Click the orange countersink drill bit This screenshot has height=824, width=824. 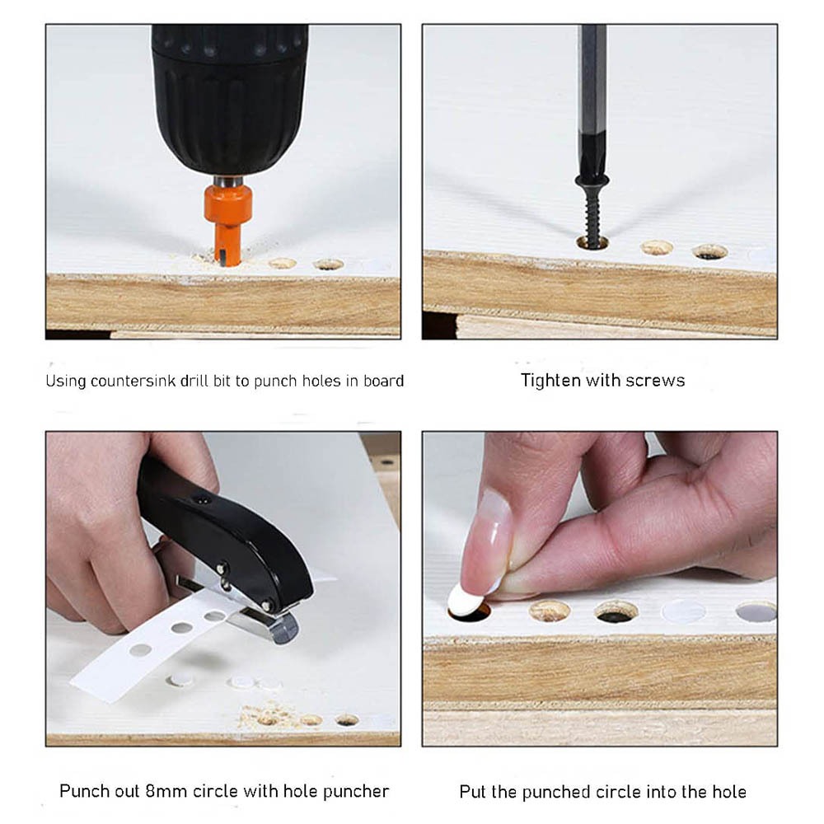(227, 221)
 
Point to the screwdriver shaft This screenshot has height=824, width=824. (592, 100)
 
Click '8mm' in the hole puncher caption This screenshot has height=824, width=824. (166, 791)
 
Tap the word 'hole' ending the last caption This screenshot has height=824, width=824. (729, 792)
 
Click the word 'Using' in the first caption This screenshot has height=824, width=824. (66, 381)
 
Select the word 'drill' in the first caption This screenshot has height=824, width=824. (194, 381)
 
